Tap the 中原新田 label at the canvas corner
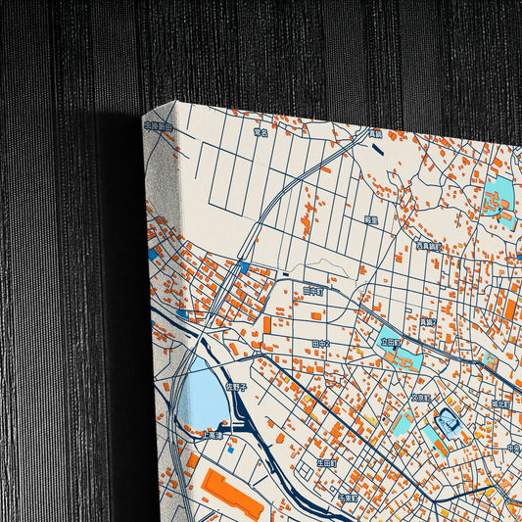tap(158, 126)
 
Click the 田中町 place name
tap(313, 292)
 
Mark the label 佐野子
tap(237, 386)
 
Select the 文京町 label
tap(420, 398)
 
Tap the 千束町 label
tap(348, 498)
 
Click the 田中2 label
tap(320, 344)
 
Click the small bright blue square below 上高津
tap(230, 451)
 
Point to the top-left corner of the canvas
tap(145, 115)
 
